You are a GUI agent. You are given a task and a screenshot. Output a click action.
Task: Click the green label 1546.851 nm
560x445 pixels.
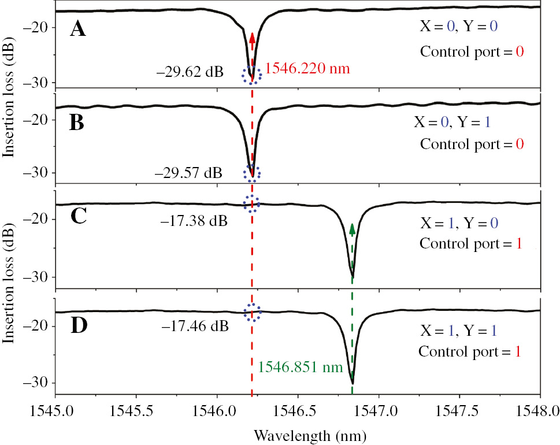[x=301, y=367]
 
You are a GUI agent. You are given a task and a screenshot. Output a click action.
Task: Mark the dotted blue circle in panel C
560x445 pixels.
[x=252, y=203]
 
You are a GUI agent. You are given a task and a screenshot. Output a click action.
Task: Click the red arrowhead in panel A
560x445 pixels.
[x=252, y=38]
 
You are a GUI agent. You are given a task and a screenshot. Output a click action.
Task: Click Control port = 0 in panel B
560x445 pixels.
[x=472, y=143]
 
